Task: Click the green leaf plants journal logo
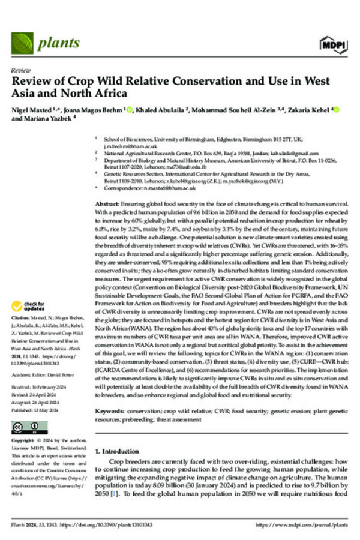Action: click(x=23, y=42)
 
